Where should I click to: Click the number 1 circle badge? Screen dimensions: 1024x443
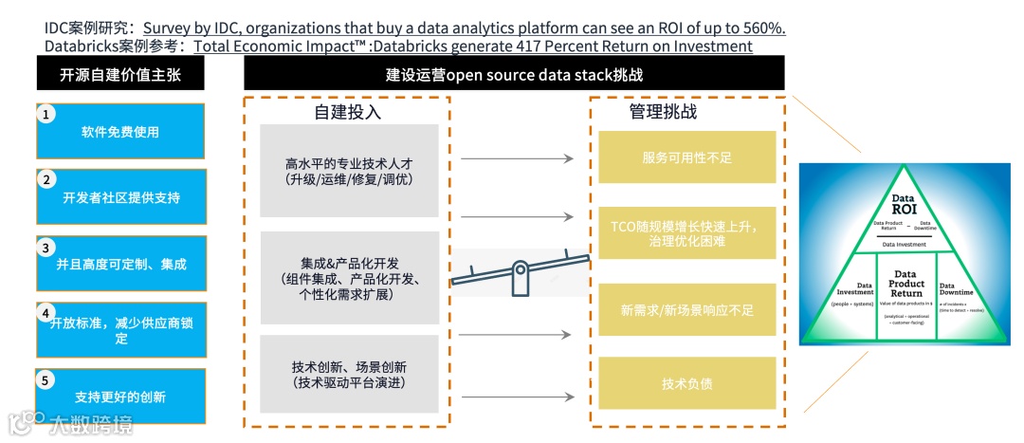45,114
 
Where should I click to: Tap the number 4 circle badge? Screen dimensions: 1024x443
45,312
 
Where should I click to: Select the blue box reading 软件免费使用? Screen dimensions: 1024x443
120,132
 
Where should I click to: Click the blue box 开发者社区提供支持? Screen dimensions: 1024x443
120,197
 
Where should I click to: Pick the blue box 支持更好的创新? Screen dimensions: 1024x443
120,397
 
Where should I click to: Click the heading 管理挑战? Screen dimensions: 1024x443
663,112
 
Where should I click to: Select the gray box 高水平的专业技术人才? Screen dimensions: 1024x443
349,171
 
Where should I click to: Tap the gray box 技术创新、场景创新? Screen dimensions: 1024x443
349,374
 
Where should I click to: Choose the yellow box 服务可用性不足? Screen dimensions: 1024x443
686,157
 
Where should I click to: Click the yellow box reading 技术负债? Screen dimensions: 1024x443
686,384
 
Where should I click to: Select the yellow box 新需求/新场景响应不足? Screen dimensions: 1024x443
686,309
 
